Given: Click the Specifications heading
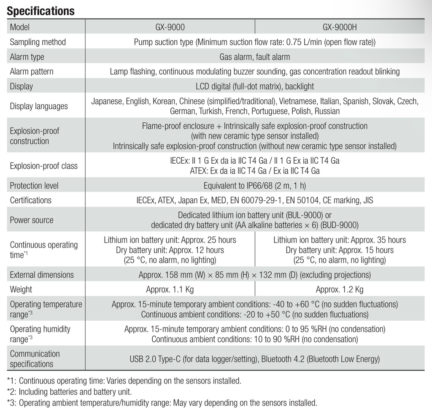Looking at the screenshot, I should click(x=40, y=11).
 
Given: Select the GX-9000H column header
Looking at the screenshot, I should click(x=340, y=27).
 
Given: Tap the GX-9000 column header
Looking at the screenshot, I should click(x=170, y=27).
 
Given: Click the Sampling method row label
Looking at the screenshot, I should click(x=38, y=42).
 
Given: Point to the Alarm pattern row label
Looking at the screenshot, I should click(x=32, y=71).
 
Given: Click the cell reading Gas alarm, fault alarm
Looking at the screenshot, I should click(x=254, y=57).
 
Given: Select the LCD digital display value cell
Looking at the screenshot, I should click(x=254, y=86).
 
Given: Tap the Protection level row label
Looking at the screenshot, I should click(x=34, y=186).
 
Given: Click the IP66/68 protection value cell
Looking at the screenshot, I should click(x=254, y=186).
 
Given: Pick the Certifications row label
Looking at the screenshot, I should click(x=31, y=200).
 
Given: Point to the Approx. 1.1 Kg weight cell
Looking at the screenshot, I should click(x=170, y=289).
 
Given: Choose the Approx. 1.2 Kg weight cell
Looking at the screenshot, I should click(x=340, y=289).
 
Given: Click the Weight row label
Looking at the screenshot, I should click(x=21, y=289).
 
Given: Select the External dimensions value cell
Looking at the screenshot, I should click(x=254, y=275).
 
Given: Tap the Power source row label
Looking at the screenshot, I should click(x=32, y=220).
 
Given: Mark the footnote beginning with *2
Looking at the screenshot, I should click(x=70, y=391).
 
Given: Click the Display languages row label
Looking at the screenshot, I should click(x=39, y=106).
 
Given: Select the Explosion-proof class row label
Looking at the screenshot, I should click(x=44, y=166).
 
